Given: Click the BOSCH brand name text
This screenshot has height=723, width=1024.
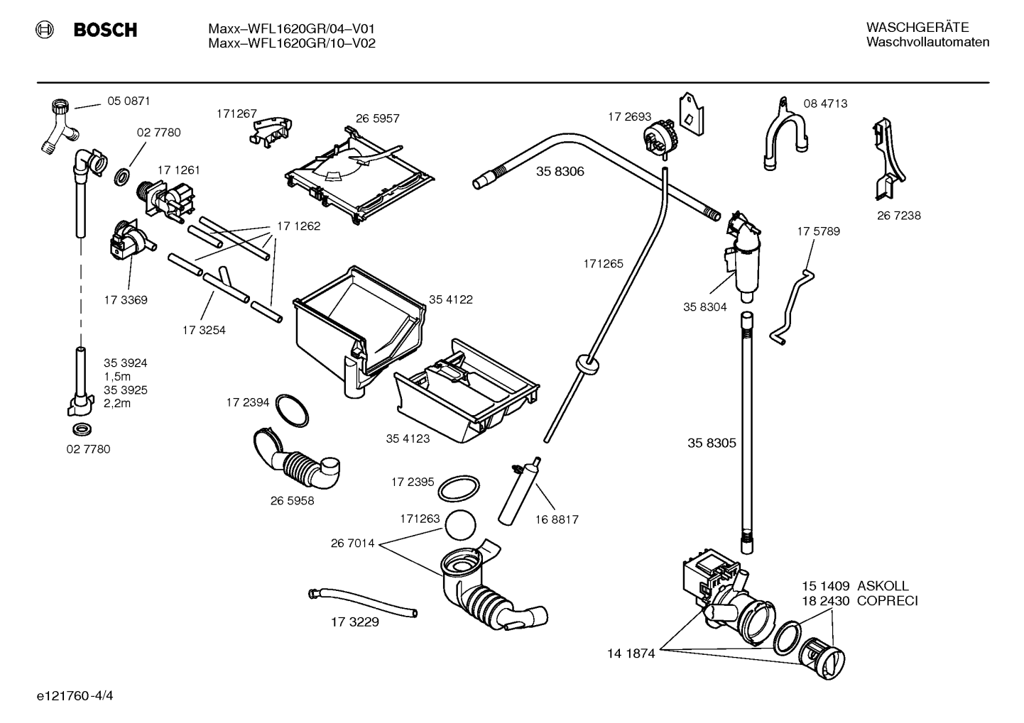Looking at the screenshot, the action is (105, 30).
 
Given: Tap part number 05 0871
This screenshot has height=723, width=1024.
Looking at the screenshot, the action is (129, 101).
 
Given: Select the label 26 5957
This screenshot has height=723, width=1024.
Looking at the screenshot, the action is (378, 118).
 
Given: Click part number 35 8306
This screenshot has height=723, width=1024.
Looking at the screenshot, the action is (560, 171).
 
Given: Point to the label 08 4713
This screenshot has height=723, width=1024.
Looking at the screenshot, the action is (825, 104).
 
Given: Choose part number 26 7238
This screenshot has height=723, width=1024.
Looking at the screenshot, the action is (899, 216).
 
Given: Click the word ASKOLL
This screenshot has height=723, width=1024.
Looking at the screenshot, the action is (883, 585).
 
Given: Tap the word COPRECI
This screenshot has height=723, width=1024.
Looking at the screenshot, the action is (888, 600).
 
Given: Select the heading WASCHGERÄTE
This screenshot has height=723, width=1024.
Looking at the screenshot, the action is (917, 28).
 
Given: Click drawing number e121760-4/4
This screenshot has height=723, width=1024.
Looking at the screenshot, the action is (75, 695).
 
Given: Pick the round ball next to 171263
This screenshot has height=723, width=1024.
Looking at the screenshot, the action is (460, 525).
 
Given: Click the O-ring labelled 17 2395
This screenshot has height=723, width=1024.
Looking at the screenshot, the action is (459, 488).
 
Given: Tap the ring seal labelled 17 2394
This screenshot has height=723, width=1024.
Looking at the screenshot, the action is (292, 410).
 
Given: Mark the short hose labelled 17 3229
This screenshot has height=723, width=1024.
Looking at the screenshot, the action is (362, 603).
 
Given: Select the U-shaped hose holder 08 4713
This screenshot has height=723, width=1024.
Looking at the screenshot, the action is (785, 133).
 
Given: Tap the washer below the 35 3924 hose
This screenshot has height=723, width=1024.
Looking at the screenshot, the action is (82, 429).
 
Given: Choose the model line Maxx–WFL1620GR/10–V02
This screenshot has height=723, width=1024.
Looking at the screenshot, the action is (292, 43).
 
